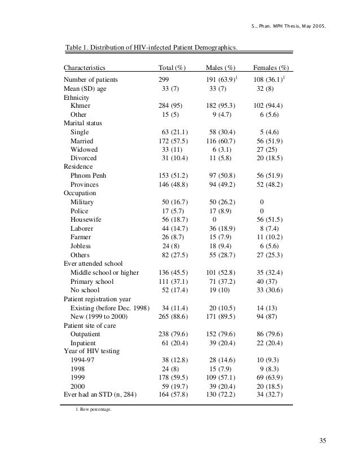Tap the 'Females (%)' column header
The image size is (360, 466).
271,68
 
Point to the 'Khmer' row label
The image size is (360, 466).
81,105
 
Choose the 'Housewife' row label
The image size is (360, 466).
86,219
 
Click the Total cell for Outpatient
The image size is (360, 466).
174,333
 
